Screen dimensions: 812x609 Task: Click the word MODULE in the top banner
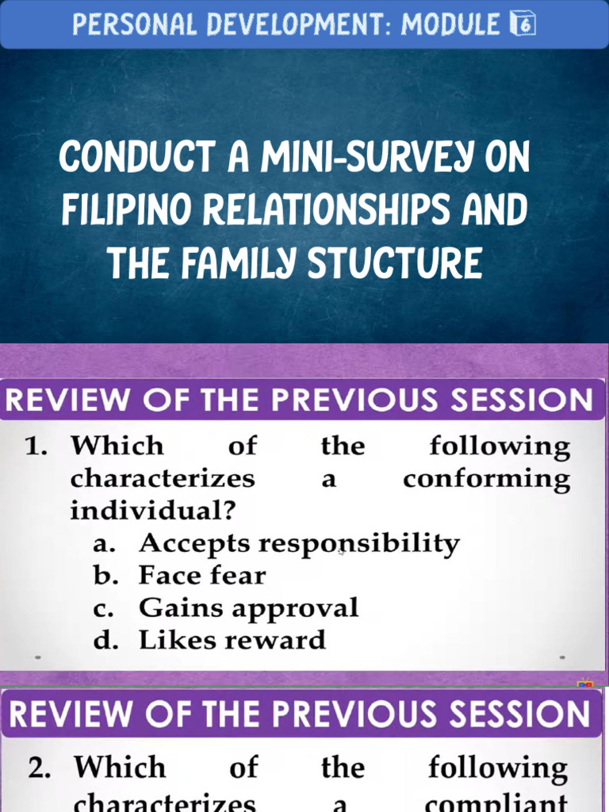coord(450,25)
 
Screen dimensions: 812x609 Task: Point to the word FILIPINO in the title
coord(129,210)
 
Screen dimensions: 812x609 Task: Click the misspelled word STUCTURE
coord(394,263)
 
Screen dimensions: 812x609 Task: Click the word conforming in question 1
coord(486,480)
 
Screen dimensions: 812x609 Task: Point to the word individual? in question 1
coord(152,511)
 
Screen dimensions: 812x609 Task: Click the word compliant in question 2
coord(497,802)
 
